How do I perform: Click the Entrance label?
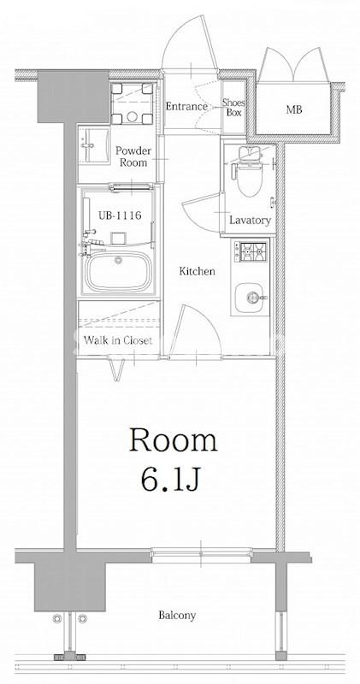click(186, 106)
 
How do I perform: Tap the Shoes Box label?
click(233, 108)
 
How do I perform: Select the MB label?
click(294, 110)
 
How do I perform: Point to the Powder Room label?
click(133, 156)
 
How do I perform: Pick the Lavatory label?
click(250, 221)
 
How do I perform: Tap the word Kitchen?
click(198, 271)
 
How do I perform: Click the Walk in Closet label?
click(118, 340)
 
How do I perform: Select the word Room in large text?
click(174, 440)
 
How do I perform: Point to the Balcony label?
click(177, 616)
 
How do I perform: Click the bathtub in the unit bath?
click(118, 271)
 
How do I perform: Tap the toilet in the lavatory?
click(249, 172)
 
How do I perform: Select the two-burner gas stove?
click(251, 251)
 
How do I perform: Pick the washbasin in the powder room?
click(93, 145)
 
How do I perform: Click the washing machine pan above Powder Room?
click(133, 103)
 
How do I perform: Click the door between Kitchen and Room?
click(195, 331)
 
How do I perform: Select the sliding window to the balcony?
click(201, 555)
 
